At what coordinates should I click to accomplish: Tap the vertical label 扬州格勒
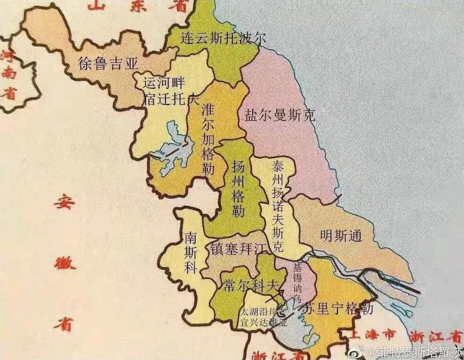[239, 187]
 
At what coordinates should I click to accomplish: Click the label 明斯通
[340, 236]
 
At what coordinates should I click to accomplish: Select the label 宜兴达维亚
[264, 322]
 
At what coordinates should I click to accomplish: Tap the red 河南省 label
[8, 75]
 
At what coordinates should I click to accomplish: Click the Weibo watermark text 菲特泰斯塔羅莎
[419, 352]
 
